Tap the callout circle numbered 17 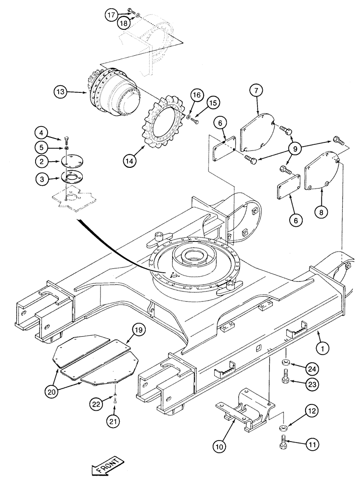(111, 15)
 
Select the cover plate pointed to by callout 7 (257, 130)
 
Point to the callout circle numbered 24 (312, 369)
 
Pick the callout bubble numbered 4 (42, 132)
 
